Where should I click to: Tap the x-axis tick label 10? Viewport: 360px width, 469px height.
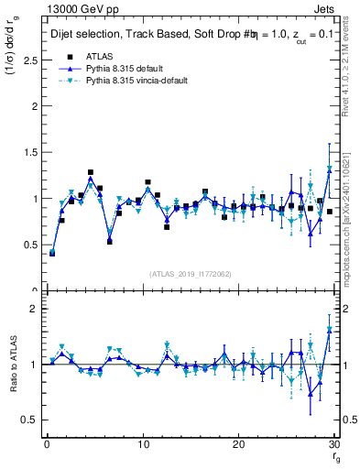coord(142,444)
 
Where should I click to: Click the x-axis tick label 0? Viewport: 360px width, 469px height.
coord(46,444)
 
